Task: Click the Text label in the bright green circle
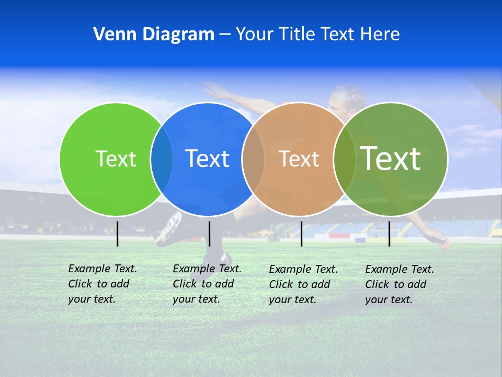point(116,159)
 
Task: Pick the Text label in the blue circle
point(207,159)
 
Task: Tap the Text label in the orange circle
point(299,159)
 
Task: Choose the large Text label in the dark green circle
point(390,158)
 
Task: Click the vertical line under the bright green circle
point(117,234)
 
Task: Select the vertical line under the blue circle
point(209,234)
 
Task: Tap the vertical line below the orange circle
point(301,234)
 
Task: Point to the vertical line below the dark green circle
point(389,234)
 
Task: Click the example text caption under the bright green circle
point(102,284)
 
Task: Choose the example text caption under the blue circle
point(207,284)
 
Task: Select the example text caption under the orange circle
point(303,284)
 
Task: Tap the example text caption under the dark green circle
point(399,284)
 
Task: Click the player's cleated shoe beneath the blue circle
point(169,229)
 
